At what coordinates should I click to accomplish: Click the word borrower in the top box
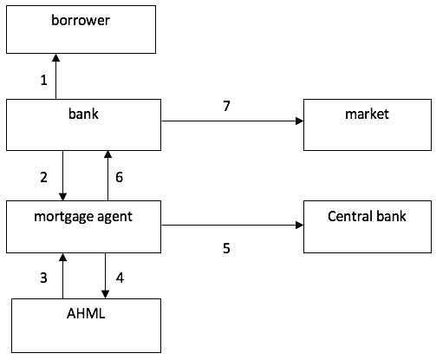81,20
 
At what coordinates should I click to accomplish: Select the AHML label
86,313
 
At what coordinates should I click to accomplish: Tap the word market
367,114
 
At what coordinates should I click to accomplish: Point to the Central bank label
367,216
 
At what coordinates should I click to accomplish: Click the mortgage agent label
83,217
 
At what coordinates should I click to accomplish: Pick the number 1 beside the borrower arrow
44,80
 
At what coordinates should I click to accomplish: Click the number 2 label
44,177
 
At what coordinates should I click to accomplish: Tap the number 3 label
43,278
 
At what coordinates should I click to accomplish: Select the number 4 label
120,278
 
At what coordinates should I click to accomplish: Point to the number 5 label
226,248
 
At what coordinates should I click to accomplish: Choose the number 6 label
119,177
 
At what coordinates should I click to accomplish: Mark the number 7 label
226,106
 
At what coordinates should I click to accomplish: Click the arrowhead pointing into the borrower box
55,57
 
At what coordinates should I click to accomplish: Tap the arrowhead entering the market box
300,121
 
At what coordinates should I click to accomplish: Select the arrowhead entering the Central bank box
300,225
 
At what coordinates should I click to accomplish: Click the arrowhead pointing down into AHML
105,294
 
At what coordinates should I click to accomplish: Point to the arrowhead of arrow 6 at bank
107,154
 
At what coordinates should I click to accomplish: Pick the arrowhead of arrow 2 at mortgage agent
62,197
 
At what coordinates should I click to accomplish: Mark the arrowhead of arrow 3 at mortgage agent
62,258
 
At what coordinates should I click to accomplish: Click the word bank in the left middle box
83,114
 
